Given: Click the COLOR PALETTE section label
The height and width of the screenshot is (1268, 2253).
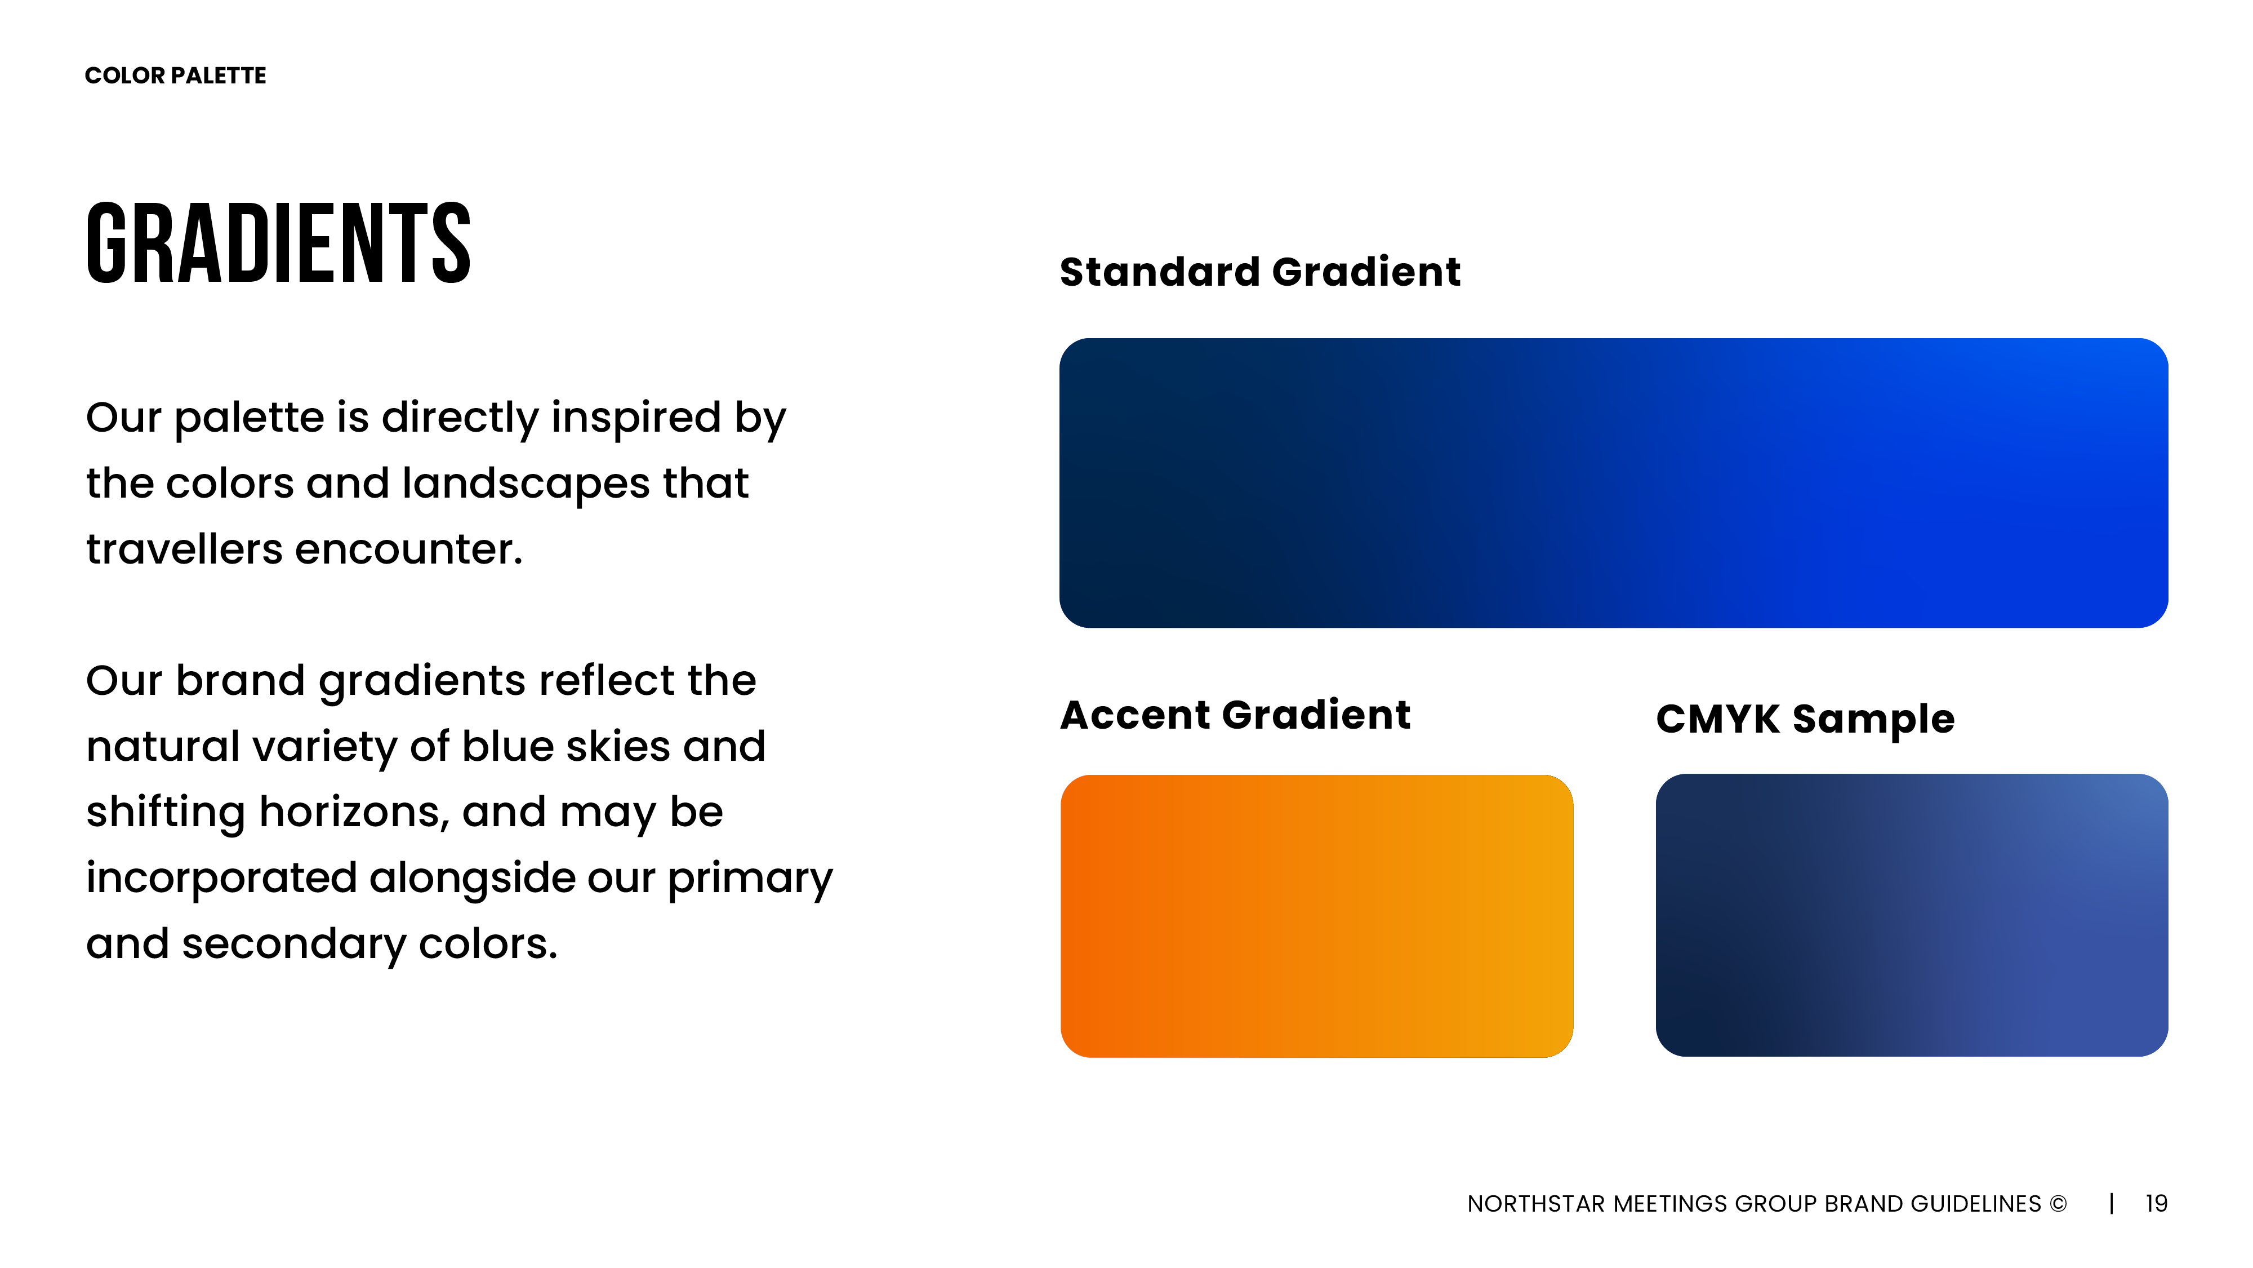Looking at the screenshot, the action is coord(176,76).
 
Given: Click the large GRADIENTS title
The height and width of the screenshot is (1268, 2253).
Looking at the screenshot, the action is coord(279,243).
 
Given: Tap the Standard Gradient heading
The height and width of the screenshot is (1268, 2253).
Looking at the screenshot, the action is coord(1259,271).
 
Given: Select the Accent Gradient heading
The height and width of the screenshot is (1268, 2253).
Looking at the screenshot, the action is coord(1235,715).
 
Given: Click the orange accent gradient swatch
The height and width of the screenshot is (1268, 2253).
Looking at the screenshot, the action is coord(1316,916).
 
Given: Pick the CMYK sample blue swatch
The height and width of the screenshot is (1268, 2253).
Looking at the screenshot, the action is coord(1912,915).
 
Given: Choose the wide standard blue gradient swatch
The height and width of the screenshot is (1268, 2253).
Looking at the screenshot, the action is coord(1614,483).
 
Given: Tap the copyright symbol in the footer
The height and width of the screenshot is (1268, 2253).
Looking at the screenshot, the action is coord(2058,1204).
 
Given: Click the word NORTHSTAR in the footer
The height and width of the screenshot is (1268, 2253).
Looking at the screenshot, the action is coord(1536,1204).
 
